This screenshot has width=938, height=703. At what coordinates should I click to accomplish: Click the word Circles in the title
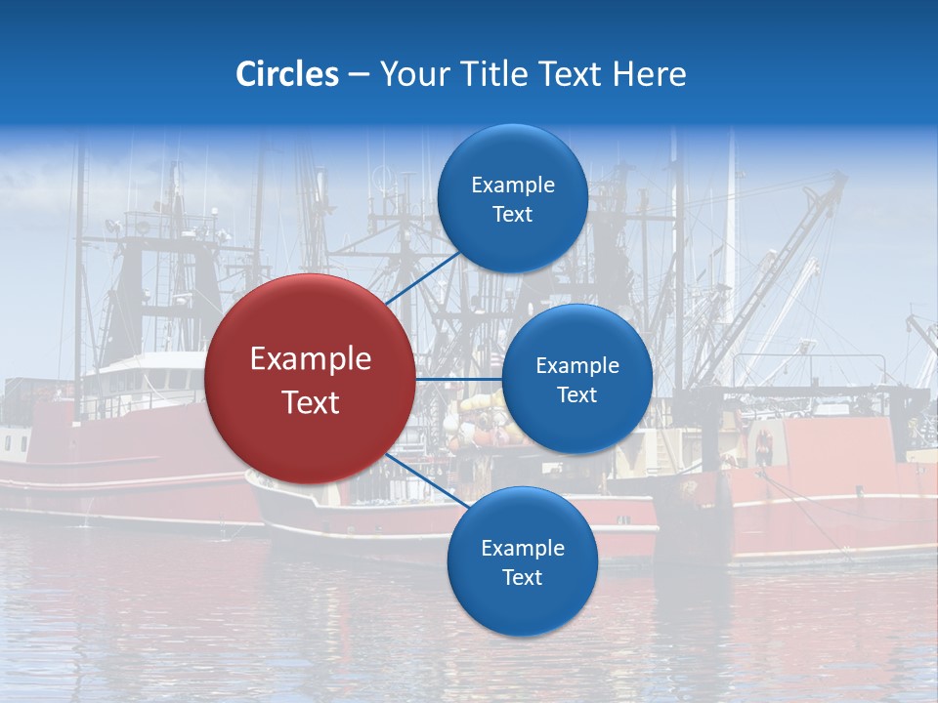(x=286, y=74)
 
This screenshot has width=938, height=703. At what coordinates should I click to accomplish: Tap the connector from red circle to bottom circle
(x=423, y=479)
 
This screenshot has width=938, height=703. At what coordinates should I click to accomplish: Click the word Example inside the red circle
(x=311, y=359)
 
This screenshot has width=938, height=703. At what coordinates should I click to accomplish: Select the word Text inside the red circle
(x=311, y=402)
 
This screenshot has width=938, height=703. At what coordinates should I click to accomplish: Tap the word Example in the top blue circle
(x=513, y=185)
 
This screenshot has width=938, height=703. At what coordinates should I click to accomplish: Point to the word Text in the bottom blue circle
(x=523, y=577)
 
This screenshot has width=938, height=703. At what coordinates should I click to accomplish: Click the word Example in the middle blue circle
(x=577, y=365)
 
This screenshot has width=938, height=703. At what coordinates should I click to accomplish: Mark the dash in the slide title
(x=359, y=75)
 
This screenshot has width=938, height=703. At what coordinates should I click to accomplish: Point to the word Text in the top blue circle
(x=513, y=214)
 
